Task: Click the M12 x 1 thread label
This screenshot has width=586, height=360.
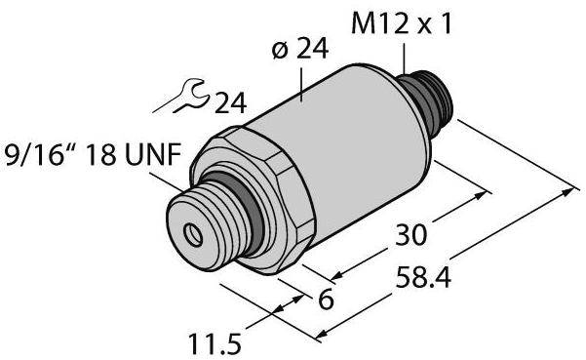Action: (402, 24)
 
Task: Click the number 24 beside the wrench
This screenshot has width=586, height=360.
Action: (230, 102)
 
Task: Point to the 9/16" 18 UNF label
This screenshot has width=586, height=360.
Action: (93, 155)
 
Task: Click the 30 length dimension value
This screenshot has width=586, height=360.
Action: (410, 235)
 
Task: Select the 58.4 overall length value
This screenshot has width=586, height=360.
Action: (423, 277)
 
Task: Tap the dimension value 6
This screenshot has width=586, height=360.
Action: (325, 300)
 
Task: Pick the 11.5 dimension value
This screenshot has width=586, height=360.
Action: (215, 344)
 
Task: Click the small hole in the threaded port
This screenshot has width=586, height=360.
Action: (193, 235)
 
